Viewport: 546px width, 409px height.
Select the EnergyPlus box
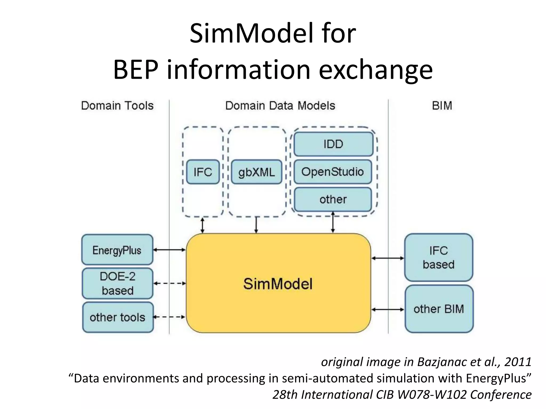pyautogui.click(x=117, y=250)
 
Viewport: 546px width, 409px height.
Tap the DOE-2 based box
pyautogui.click(x=117, y=283)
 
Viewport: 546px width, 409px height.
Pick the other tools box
pyautogui.click(x=118, y=317)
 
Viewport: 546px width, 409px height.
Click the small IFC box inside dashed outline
pyautogui.click(x=203, y=172)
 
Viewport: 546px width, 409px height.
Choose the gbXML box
pyautogui.click(x=256, y=172)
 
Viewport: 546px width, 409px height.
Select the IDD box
pyautogui.click(x=333, y=144)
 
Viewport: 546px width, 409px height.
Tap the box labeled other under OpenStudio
pyautogui.click(x=333, y=199)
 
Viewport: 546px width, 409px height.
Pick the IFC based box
pyautogui.click(x=438, y=257)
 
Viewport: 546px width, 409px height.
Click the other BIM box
pyautogui.click(x=439, y=309)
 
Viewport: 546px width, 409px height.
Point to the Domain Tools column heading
pyautogui.click(x=117, y=106)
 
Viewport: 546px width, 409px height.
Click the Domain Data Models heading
pyautogui.click(x=280, y=106)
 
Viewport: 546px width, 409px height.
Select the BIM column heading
pyautogui.click(x=442, y=106)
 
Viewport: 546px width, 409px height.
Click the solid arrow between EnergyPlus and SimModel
pyautogui.click(x=169, y=250)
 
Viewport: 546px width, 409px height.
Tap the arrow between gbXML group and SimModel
pyautogui.click(x=256, y=225)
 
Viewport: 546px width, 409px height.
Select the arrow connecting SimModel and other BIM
pyautogui.click(x=388, y=309)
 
